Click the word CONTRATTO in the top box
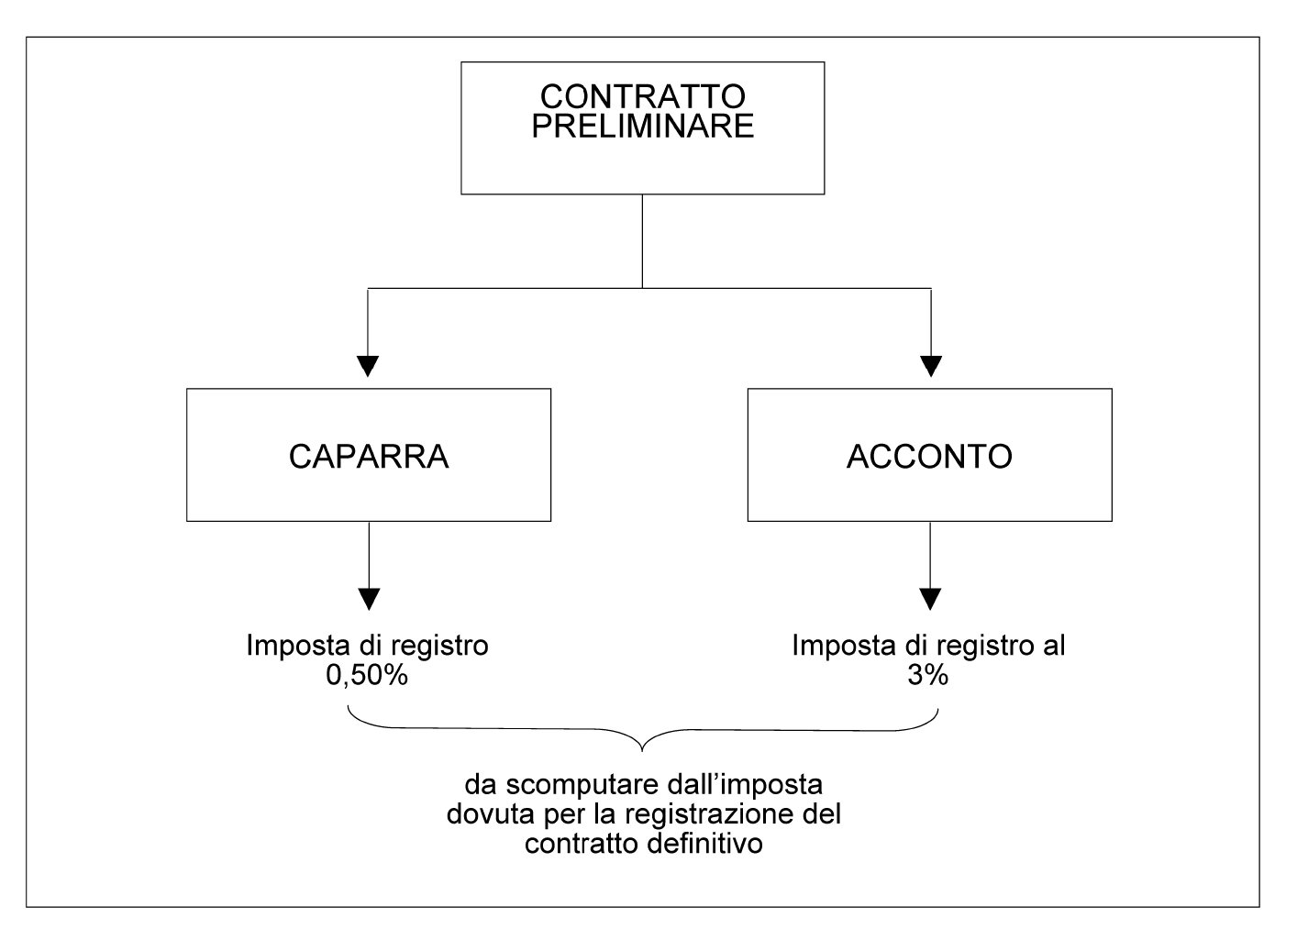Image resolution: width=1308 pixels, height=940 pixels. pyautogui.click(x=643, y=96)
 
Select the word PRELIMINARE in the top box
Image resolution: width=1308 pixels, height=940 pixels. pyautogui.click(x=643, y=127)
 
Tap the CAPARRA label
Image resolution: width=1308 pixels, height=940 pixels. pyautogui.click(x=369, y=457)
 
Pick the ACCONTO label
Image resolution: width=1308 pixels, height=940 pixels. pyautogui.click(x=929, y=457)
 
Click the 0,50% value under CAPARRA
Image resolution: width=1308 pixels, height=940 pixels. pyautogui.click(x=367, y=676)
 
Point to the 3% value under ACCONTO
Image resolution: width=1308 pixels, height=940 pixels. pyautogui.click(x=928, y=676)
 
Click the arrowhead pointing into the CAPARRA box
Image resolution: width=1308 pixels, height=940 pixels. pyautogui.click(x=368, y=367)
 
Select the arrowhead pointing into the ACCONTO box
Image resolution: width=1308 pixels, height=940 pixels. pyautogui.click(x=931, y=367)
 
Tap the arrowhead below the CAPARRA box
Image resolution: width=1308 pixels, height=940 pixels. pyautogui.click(x=369, y=600)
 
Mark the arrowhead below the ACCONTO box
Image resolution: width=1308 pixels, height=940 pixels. pyautogui.click(x=930, y=600)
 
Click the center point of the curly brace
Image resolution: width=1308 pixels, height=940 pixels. pyautogui.click(x=642, y=750)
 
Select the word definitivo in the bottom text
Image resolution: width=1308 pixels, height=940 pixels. pyautogui.click(x=704, y=844)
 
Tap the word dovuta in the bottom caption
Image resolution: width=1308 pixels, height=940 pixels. pyautogui.click(x=491, y=815)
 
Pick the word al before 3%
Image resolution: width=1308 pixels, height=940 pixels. pyautogui.click(x=1054, y=646)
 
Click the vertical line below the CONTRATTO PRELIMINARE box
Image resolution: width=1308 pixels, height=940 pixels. pyautogui.click(x=642, y=241)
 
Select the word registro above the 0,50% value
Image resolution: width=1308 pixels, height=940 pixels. pyautogui.click(x=439, y=647)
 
